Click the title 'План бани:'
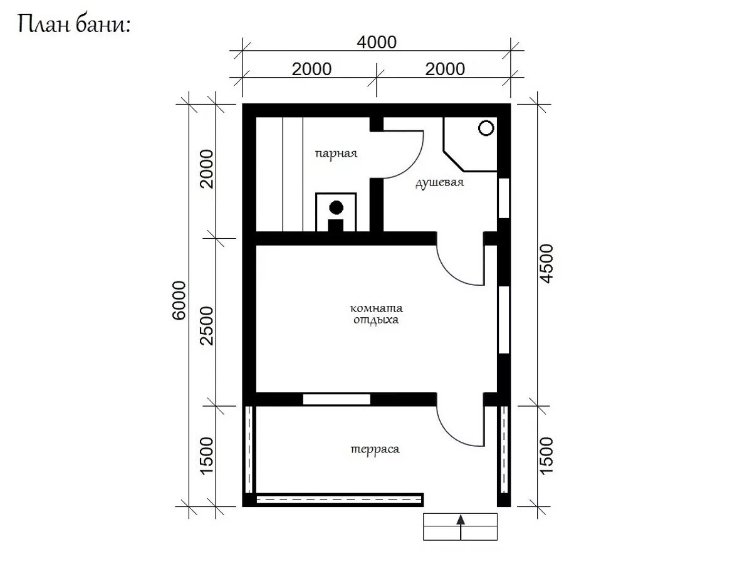pyautogui.click(x=74, y=24)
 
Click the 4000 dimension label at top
pyautogui.click(x=377, y=43)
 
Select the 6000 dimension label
pyautogui.click(x=179, y=300)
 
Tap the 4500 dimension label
pyautogui.click(x=547, y=264)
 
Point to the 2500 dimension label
pyautogui.click(x=207, y=326)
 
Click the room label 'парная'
pyautogui.click(x=336, y=154)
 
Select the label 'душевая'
pyautogui.click(x=439, y=182)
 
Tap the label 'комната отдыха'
pyautogui.click(x=376, y=314)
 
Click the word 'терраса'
pyautogui.click(x=375, y=449)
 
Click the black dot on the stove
pyautogui.click(x=336, y=207)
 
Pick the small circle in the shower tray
pyautogui.click(x=486, y=128)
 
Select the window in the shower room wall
pyautogui.click(x=504, y=198)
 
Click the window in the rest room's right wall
pyautogui.click(x=504, y=320)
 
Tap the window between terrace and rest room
pyautogui.click(x=337, y=399)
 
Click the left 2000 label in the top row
pyautogui.click(x=311, y=69)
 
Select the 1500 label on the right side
pyautogui.click(x=547, y=456)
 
